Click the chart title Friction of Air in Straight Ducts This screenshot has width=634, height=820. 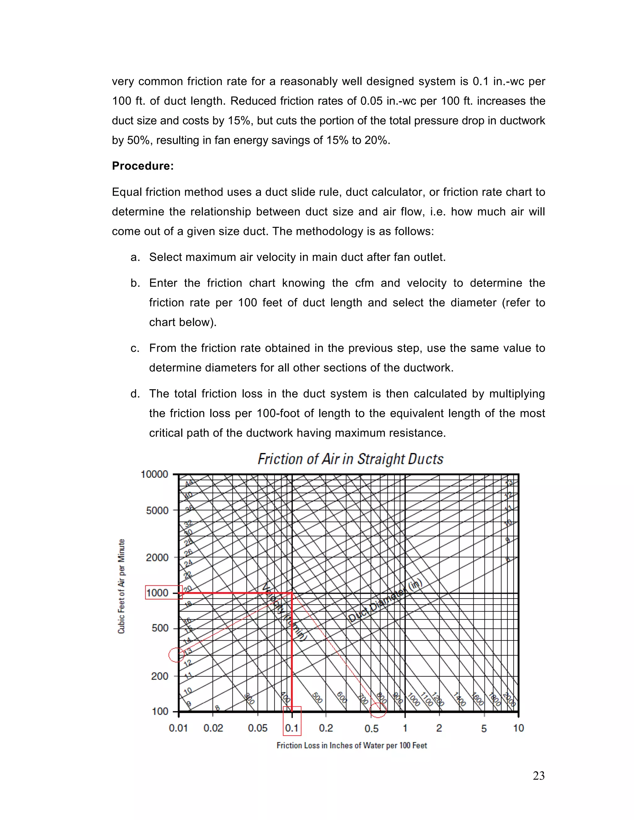350,459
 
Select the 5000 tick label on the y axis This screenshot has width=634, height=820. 157,511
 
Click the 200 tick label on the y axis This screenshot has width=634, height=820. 160,676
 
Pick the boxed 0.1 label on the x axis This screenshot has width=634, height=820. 292,728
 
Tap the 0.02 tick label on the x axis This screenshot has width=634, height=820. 213,728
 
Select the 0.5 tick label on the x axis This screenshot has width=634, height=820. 371,728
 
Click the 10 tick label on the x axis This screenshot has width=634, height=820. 518,728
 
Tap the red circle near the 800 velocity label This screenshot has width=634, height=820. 378,709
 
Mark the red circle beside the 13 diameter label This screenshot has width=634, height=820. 176,655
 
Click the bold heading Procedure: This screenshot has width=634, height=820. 143,166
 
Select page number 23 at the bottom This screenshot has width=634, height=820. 538,776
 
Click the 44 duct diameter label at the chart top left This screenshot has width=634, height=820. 189,483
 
